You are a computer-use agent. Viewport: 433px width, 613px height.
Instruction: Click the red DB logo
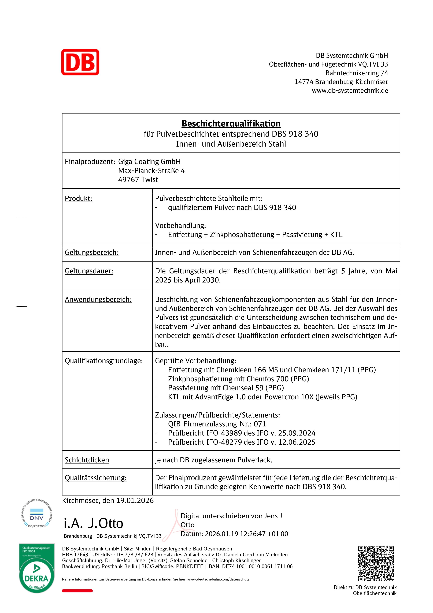[x=80, y=62]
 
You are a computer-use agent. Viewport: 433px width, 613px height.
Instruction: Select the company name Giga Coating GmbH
[x=149, y=162]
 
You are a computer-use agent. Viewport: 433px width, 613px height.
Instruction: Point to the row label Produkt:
[x=78, y=198]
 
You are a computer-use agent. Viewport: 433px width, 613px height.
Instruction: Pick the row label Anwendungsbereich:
[x=98, y=300]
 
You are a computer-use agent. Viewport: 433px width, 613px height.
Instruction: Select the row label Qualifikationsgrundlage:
[x=104, y=361]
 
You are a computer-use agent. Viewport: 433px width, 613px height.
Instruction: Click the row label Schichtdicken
[x=87, y=460]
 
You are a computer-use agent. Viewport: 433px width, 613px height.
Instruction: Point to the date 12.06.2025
[x=297, y=442]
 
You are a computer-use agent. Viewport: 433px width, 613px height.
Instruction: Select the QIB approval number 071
[x=260, y=424]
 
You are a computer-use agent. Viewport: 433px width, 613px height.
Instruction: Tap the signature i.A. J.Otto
[x=93, y=523]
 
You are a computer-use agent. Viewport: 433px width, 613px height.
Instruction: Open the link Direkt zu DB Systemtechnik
[x=365, y=587]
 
